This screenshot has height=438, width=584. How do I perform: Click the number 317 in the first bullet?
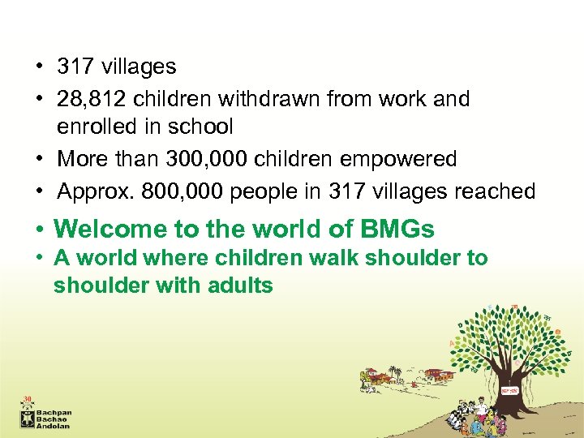click(x=78, y=67)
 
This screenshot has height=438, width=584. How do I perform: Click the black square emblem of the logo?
click(x=28, y=418)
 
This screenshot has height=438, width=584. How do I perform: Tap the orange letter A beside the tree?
click(x=451, y=344)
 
